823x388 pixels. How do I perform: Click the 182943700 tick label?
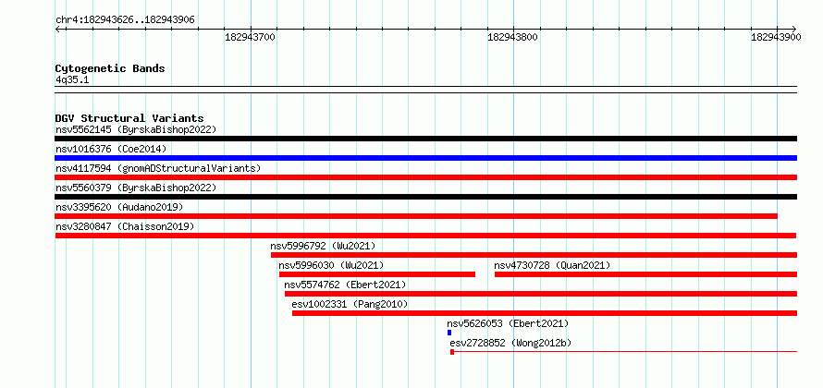point(250,37)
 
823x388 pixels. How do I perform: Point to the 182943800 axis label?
point(513,37)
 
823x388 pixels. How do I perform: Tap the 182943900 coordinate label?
point(776,37)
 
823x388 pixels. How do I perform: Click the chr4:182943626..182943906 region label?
point(125,20)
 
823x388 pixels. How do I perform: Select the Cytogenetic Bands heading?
point(110,68)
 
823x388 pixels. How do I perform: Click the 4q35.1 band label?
point(72,79)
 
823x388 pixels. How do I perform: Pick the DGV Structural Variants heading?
point(129,118)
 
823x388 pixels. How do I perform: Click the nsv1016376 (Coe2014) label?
point(111,149)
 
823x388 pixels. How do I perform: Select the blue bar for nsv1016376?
point(425,158)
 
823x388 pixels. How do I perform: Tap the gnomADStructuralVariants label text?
point(190,168)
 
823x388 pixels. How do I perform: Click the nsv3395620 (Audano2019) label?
point(119,207)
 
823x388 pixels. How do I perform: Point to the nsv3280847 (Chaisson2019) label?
point(125,226)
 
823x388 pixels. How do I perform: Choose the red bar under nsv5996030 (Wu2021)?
point(377,274)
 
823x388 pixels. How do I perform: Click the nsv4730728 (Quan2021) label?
point(552,265)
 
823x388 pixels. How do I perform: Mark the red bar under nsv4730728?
point(645,274)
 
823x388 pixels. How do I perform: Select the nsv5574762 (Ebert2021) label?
point(345,285)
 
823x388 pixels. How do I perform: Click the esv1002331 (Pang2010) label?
point(350,304)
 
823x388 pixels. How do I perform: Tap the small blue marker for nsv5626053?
point(449,333)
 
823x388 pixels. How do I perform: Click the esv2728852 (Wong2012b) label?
point(510,343)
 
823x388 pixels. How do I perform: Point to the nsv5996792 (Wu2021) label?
point(323,246)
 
